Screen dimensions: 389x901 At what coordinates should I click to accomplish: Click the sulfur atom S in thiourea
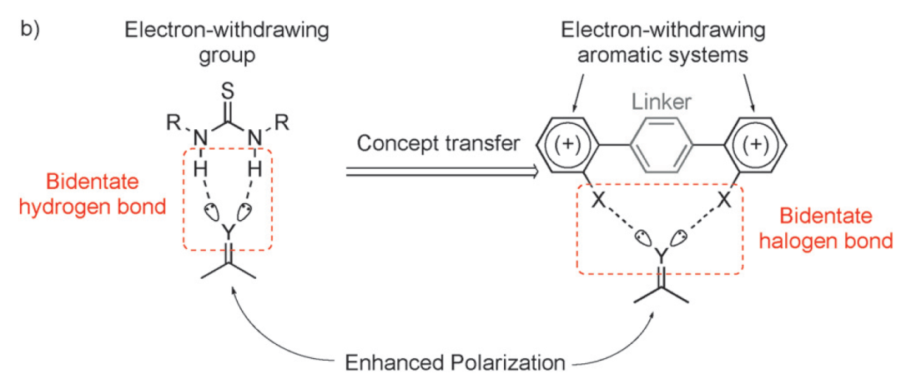[227, 87]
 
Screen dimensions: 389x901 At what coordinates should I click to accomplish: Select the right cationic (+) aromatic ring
[755, 144]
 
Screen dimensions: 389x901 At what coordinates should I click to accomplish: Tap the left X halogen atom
[598, 201]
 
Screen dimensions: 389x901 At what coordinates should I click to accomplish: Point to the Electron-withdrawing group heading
[226, 42]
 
